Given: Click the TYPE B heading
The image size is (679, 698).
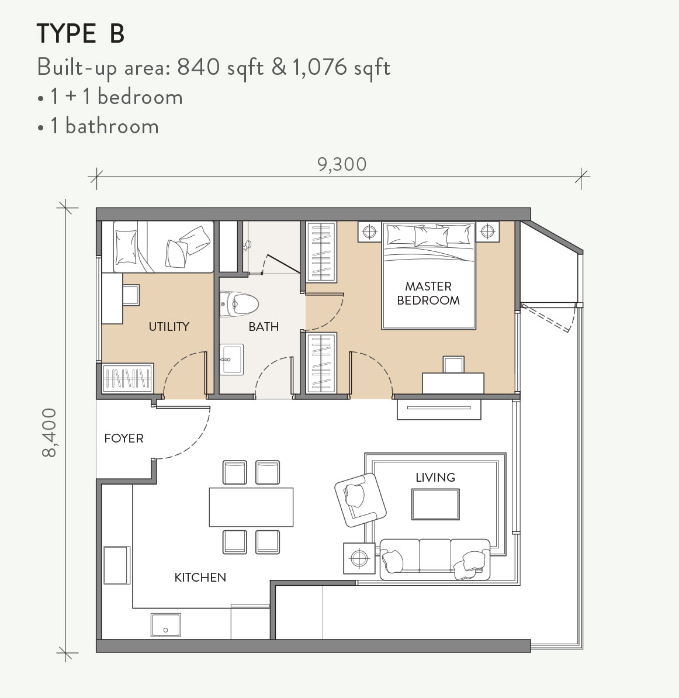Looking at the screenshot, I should point(81,34).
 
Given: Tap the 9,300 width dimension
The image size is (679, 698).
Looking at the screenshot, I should point(342,164).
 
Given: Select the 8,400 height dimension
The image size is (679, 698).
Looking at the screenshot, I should point(50,432).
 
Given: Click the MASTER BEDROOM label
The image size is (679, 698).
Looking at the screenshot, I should point(428,293).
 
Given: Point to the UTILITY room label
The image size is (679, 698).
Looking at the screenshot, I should point(169,326).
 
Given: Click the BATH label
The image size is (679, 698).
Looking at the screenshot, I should point(264,326).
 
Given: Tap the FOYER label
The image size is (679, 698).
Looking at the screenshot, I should point(123,438).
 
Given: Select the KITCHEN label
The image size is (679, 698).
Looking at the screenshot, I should point(200,577).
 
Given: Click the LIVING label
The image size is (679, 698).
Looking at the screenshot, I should point(435,477).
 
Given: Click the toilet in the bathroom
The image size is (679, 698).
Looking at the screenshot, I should point(240,303).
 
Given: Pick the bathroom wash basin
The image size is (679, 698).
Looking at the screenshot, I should point(232,359).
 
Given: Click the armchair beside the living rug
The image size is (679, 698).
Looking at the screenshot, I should point(361,500).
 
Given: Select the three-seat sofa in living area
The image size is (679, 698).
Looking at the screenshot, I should point(435,559).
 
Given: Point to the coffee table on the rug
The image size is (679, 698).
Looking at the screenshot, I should point(435,505).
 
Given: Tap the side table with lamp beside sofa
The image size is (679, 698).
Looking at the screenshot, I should point(359,559).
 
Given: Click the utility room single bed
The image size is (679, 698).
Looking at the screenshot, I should point(157,247).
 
